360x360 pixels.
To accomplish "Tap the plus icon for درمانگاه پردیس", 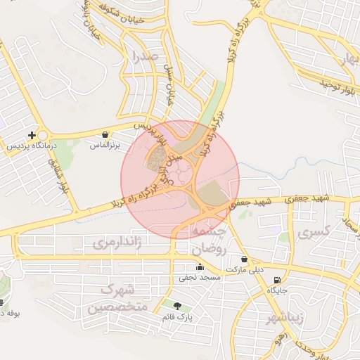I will click(x=31, y=135).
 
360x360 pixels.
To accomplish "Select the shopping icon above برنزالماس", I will click(x=105, y=134).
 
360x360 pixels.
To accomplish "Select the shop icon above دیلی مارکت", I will click(x=244, y=259).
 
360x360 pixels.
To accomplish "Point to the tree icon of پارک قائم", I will click(x=176, y=306).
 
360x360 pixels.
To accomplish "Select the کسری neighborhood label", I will click(x=313, y=231).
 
